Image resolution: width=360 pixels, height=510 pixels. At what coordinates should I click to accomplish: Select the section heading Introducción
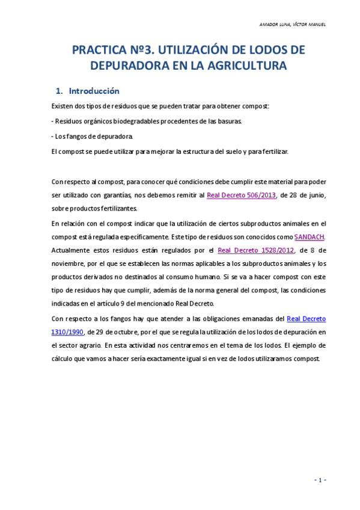coord(94,91)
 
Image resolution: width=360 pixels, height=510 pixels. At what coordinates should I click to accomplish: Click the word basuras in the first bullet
coord(230,121)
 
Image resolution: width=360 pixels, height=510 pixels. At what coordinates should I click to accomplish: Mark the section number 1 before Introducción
coord(59,91)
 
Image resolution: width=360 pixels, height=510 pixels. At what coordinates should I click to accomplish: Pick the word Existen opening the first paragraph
coord(64,106)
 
